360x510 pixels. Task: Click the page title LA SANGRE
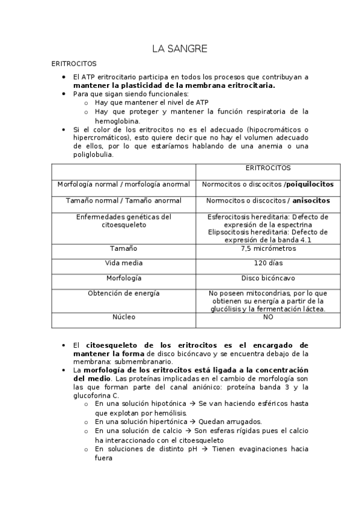tap(180, 49)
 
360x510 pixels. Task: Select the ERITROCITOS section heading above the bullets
tap(73, 63)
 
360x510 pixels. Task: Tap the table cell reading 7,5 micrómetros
tap(267, 248)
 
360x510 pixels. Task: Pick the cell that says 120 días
tap(267, 263)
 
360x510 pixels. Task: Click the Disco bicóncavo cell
tap(267, 278)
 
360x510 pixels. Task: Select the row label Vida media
tap(124, 263)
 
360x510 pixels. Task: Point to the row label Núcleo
tap(124, 316)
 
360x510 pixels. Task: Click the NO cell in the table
tap(267, 316)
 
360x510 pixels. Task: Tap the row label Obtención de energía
tap(124, 293)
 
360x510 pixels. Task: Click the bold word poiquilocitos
tap(310, 185)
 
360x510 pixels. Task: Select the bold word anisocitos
tap(311, 200)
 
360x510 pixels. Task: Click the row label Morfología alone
tap(124, 278)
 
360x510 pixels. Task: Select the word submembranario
tap(144, 362)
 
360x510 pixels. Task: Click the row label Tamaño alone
tap(124, 248)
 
